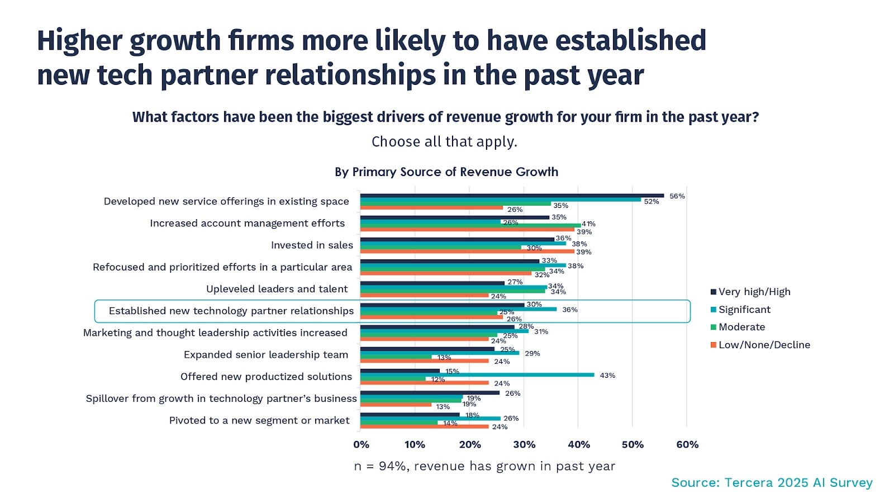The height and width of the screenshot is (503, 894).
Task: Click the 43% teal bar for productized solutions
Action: coord(477,375)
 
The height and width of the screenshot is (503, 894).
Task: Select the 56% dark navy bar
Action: coord(512,196)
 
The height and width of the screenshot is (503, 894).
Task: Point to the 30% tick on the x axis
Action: coord(524,445)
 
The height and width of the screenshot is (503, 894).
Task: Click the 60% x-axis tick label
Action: coord(687,445)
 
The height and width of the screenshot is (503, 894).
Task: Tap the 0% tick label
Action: coord(361,445)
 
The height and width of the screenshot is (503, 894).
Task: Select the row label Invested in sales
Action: coord(312,245)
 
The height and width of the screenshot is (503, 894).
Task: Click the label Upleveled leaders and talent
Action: coord(277,289)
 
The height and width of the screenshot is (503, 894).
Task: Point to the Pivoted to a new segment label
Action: coord(259,420)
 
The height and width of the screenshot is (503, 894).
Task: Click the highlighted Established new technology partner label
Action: coord(231,311)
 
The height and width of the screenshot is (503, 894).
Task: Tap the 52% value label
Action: coord(652,202)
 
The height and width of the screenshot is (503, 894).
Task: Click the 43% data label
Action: coord(607,376)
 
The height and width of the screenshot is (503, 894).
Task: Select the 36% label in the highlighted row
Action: coord(570,310)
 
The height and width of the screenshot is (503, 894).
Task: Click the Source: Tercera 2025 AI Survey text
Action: coord(772,483)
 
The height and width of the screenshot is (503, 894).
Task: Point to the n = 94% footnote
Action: coord(484,466)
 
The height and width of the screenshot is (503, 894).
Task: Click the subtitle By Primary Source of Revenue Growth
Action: coord(446,172)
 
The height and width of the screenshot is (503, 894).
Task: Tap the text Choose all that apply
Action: coord(444,142)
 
